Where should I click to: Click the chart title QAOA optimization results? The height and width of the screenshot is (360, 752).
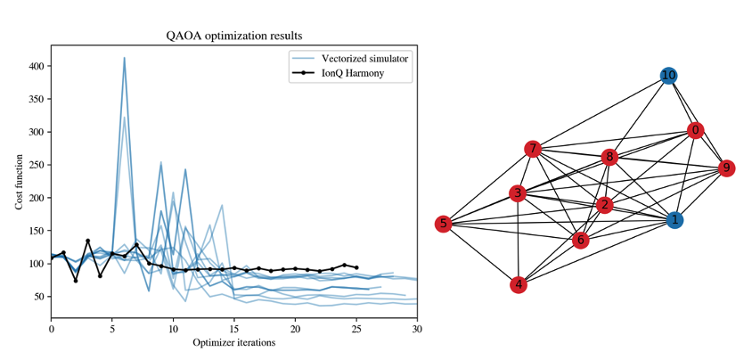coord(234,37)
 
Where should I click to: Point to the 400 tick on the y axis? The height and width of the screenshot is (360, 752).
coord(37,67)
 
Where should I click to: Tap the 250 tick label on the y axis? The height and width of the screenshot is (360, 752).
coord(37,165)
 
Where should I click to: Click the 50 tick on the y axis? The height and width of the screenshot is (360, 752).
coord(39,296)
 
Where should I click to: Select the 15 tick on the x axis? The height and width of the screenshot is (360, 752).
coord(234,330)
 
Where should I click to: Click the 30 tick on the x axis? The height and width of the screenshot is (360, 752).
coord(417,330)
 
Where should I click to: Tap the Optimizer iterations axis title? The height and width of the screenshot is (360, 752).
coord(234,343)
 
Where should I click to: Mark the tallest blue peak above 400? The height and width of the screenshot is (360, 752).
coord(124,58)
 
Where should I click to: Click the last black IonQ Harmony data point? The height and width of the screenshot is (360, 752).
coord(356,267)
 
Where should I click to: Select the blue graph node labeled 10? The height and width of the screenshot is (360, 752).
coord(668,76)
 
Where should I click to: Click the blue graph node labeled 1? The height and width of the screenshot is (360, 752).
coord(675,219)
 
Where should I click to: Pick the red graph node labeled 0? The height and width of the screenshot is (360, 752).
coord(695,131)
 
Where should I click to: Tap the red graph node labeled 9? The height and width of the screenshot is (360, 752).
coord(726,168)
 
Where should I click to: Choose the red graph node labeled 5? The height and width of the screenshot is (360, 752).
coord(443,224)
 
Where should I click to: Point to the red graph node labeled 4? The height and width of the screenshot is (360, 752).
coord(518,285)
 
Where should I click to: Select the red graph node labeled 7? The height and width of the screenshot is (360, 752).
coord(532,149)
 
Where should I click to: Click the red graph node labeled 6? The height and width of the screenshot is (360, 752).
coord(580,240)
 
